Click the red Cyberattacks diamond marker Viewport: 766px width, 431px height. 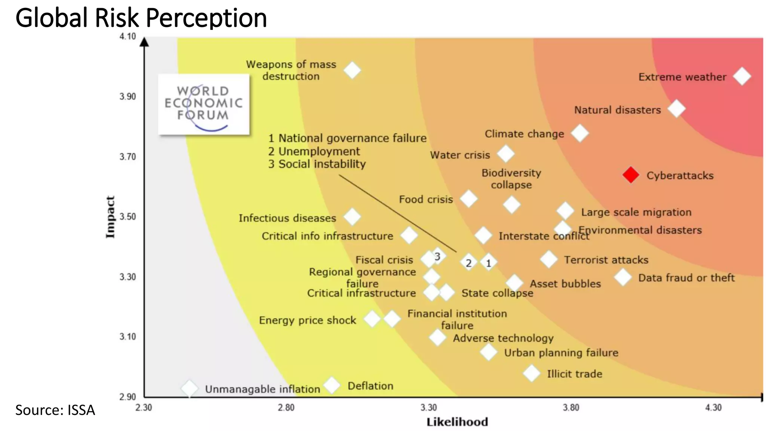[x=631, y=175]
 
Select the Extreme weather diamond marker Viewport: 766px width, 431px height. [x=742, y=76]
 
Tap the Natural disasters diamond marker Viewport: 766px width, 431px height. [x=676, y=109]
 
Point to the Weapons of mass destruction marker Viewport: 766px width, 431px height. [x=352, y=70]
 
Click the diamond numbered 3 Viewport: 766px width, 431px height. [x=437, y=256]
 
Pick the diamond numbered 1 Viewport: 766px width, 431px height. [x=488, y=263]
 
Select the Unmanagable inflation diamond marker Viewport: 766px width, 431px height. [x=190, y=388]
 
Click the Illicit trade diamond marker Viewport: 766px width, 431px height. [x=531, y=373]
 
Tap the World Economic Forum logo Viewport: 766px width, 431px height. [x=203, y=104]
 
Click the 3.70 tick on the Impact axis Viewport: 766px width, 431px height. [x=128, y=156]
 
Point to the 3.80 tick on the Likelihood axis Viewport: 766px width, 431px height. [x=571, y=407]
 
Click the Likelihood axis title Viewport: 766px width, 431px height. [x=457, y=422]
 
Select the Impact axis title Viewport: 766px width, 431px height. [x=110, y=217]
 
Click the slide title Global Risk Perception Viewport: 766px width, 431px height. [x=141, y=18]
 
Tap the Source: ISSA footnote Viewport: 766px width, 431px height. [x=55, y=410]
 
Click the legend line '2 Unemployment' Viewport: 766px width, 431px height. [x=314, y=151]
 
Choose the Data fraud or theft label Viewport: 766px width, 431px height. [x=686, y=278]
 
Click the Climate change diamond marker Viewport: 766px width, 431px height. [x=579, y=133]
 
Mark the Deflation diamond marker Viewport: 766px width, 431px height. [x=331, y=385]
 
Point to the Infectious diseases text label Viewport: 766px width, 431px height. [x=287, y=218]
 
